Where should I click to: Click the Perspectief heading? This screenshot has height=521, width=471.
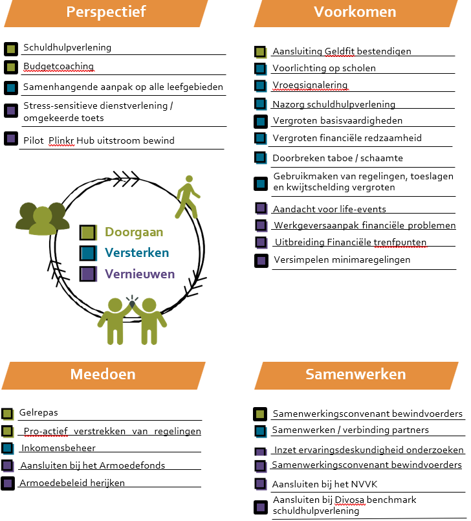click(106, 12)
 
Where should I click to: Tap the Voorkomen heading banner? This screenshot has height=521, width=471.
click(355, 12)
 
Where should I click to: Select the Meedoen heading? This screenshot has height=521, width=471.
click(103, 374)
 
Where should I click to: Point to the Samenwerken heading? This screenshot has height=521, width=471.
click(355, 374)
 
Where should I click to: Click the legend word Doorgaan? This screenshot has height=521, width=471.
click(134, 232)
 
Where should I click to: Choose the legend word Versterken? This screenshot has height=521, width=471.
click(137, 253)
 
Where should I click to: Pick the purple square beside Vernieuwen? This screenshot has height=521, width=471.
click(87, 274)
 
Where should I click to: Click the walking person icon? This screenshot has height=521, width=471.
click(186, 196)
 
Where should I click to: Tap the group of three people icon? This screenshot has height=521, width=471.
click(42, 218)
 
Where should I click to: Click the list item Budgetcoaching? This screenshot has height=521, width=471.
click(58, 67)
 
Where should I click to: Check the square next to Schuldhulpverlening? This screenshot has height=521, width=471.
click(10, 48)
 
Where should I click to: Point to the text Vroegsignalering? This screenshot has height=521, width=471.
click(310, 85)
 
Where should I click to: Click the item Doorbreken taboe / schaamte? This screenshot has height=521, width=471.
click(337, 158)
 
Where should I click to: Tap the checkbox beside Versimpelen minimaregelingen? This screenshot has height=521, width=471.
click(261, 260)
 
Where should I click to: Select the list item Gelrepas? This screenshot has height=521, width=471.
click(38, 412)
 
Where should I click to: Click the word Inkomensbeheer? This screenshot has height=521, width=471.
click(58, 448)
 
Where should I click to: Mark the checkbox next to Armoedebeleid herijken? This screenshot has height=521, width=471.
click(8, 483)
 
